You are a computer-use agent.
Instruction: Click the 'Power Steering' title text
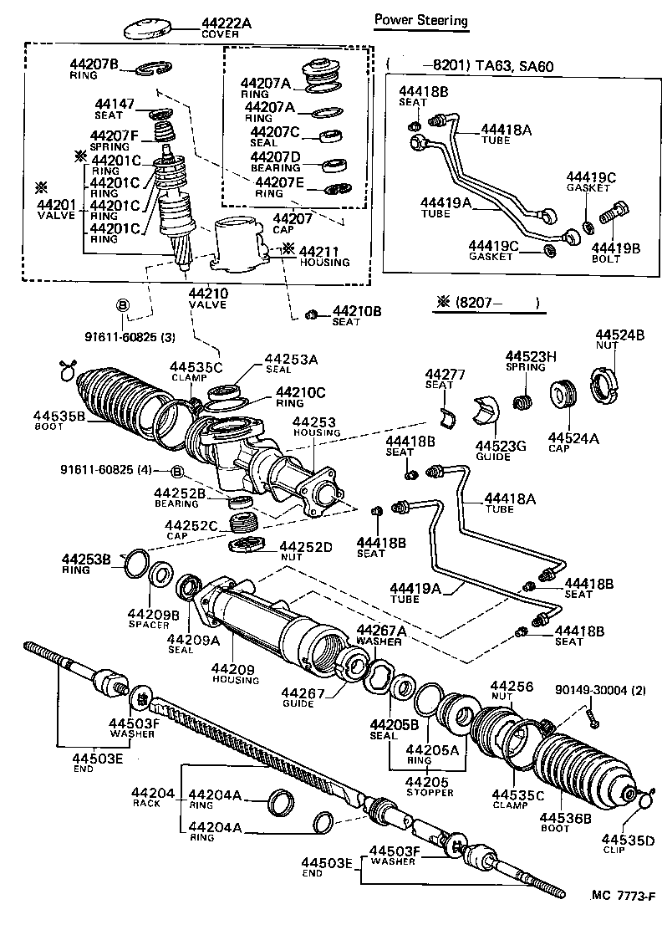[x=420, y=20]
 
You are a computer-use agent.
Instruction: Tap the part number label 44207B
[x=94, y=64]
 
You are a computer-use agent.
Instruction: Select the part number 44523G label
[x=500, y=446]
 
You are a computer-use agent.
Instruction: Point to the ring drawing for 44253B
[x=135, y=564]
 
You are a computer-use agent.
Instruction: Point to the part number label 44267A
[x=381, y=631]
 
